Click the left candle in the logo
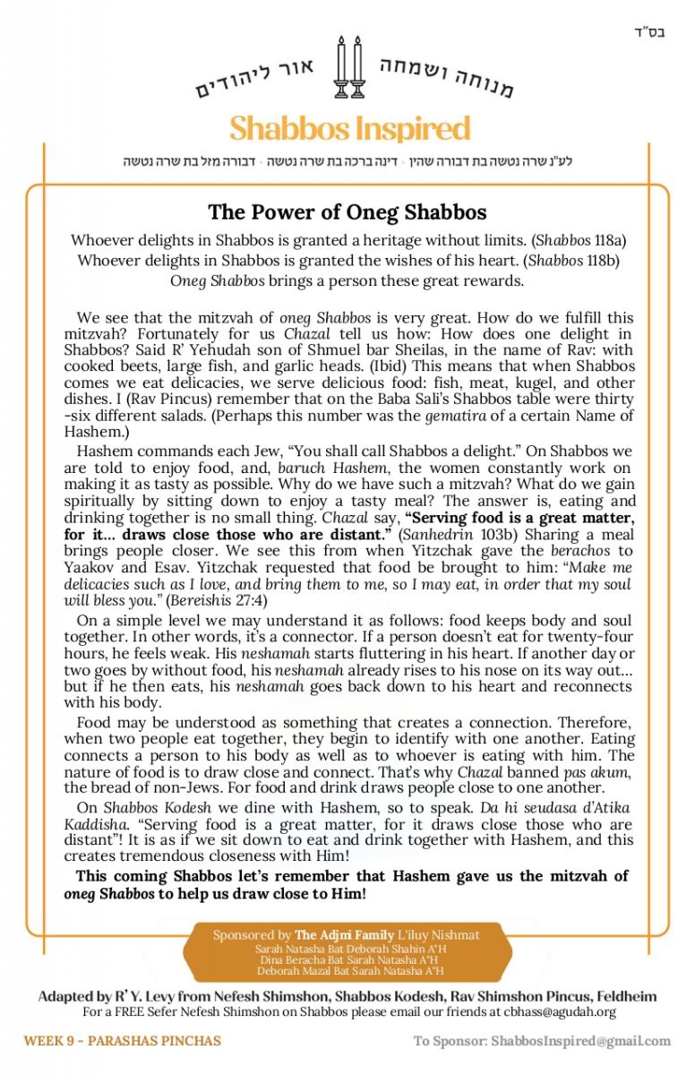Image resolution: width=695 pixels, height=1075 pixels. tap(340, 68)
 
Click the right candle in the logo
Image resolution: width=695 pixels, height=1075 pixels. tap(359, 68)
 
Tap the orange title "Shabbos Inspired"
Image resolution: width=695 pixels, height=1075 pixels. tap(349, 128)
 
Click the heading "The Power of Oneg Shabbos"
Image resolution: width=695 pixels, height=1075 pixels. tap(347, 212)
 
